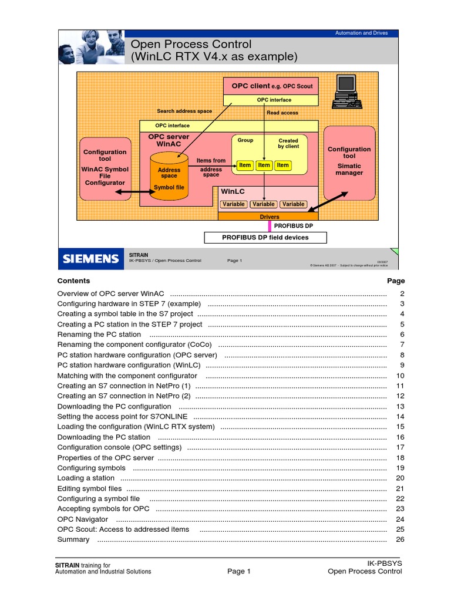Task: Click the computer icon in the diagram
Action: point(345,92)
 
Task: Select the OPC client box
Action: point(271,86)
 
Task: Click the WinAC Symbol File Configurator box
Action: point(105,170)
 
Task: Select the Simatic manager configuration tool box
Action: point(349,162)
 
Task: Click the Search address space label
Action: point(184,111)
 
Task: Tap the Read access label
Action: point(282,113)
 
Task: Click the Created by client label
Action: point(288,143)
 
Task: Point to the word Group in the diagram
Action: point(245,140)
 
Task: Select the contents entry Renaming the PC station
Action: point(99,335)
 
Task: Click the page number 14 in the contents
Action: point(400,417)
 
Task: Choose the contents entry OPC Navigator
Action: point(83,519)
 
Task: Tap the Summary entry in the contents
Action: point(73,540)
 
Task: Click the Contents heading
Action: point(73,281)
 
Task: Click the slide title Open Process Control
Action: point(191,45)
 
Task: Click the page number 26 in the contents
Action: point(400,540)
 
